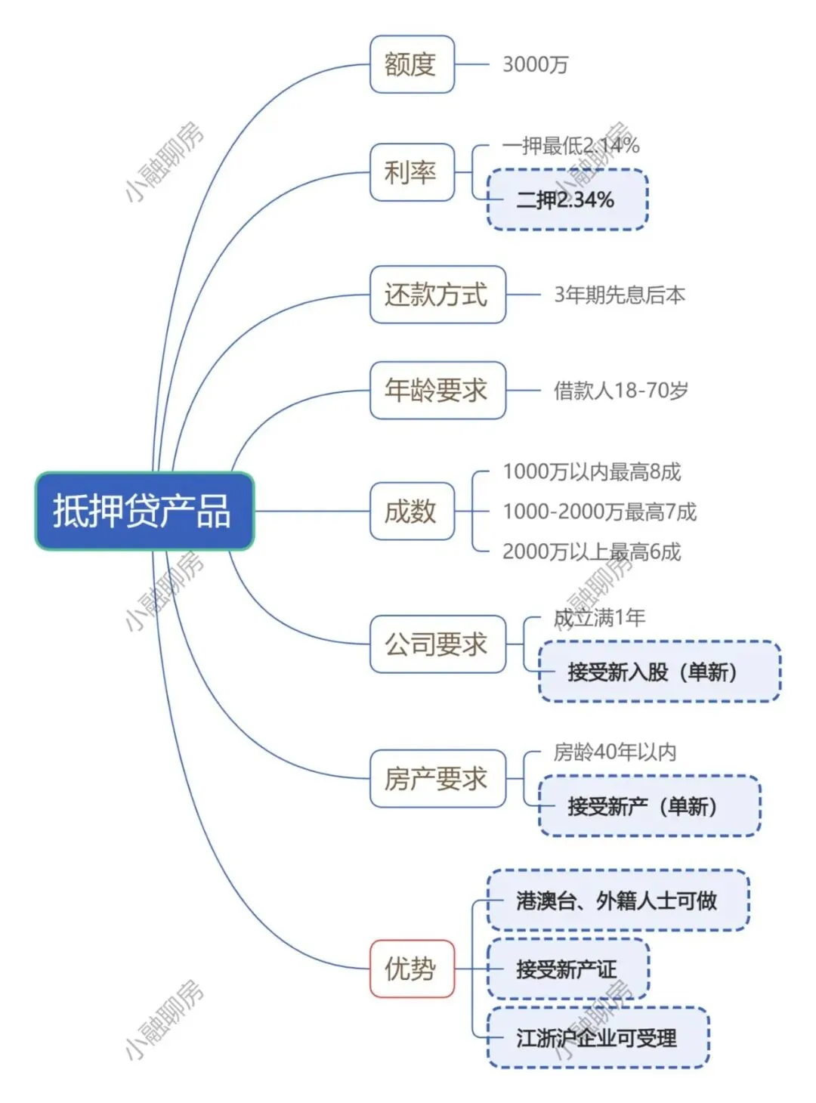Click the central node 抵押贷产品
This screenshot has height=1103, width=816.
click(x=144, y=511)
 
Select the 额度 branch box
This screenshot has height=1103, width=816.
click(x=411, y=64)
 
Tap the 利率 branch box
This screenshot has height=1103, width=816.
click(x=411, y=172)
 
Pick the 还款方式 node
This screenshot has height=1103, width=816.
click(x=437, y=295)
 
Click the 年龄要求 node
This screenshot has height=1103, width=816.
click(x=437, y=391)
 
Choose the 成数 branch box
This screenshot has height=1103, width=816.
click(x=411, y=511)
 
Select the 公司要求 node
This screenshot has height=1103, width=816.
click(x=437, y=644)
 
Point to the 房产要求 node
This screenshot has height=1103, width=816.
click(x=437, y=778)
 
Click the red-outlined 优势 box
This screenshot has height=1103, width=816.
click(x=411, y=969)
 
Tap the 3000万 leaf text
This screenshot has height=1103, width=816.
click(x=535, y=65)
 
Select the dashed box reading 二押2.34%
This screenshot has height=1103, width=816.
click(x=567, y=199)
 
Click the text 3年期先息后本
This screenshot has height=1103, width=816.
click(x=620, y=295)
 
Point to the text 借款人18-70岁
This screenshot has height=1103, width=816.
click(x=620, y=391)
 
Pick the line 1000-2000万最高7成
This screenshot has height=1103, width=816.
click(x=599, y=512)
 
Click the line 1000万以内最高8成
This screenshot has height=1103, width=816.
click(x=592, y=472)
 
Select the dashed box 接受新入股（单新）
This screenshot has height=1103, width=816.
click(x=659, y=672)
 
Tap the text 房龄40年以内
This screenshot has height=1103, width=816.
click(x=614, y=752)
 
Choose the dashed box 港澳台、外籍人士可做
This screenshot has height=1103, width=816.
click(x=617, y=901)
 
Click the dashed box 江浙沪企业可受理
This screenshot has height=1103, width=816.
click(x=597, y=1038)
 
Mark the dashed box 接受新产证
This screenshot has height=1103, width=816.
click(x=567, y=969)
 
